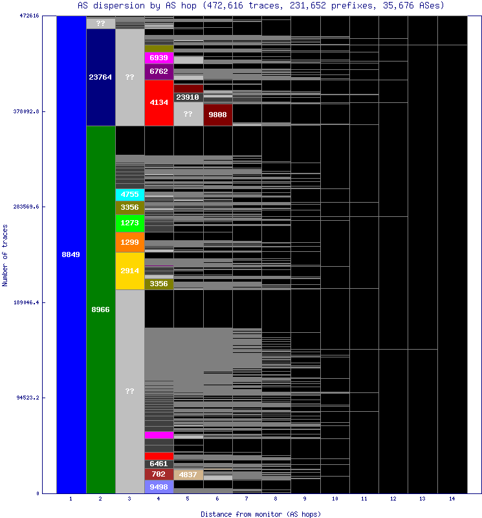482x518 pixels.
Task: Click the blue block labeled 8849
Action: click(x=71, y=254)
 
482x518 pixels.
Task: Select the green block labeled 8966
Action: click(x=100, y=310)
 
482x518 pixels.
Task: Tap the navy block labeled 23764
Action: click(x=100, y=77)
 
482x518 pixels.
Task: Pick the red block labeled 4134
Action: click(x=159, y=102)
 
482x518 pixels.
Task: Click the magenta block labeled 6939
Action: click(x=159, y=58)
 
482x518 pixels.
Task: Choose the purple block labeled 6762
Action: click(x=159, y=71)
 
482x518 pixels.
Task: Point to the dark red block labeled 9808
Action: click(x=217, y=115)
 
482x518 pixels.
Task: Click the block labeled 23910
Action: click(x=188, y=97)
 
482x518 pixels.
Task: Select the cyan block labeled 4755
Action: click(x=129, y=194)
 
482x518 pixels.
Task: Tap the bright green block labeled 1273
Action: click(x=129, y=223)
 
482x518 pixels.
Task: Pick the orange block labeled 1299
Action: click(x=129, y=242)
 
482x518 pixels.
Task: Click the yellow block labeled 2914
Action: click(x=129, y=271)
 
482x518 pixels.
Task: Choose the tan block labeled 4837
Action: click(x=188, y=475)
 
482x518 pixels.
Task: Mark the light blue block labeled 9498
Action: click(x=159, y=487)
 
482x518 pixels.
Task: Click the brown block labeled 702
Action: click(x=159, y=474)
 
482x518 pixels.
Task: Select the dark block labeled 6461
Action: click(x=159, y=464)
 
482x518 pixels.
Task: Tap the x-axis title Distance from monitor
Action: click(x=261, y=513)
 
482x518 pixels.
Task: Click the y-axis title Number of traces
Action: click(x=5, y=255)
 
